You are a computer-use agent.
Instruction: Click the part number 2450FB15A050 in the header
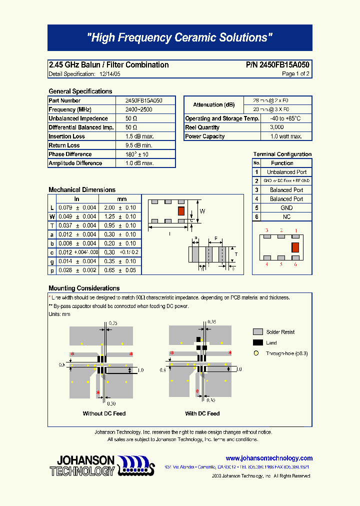click(x=277, y=65)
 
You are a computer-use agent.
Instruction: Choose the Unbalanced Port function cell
click(x=286, y=172)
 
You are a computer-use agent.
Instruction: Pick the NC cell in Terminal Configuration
click(x=286, y=217)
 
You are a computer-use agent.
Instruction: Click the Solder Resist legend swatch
click(x=258, y=332)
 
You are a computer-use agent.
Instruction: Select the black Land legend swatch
click(x=258, y=343)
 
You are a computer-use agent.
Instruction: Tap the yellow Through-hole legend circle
click(x=256, y=353)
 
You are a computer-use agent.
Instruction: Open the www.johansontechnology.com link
click(x=269, y=458)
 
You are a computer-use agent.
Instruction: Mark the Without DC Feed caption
click(x=104, y=414)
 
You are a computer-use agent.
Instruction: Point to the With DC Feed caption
click(x=202, y=414)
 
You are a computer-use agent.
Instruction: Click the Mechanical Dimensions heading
click(x=82, y=190)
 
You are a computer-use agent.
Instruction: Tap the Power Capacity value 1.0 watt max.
click(x=286, y=136)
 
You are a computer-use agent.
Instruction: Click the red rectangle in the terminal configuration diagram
click(x=295, y=246)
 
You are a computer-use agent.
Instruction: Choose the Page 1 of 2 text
click(x=295, y=74)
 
